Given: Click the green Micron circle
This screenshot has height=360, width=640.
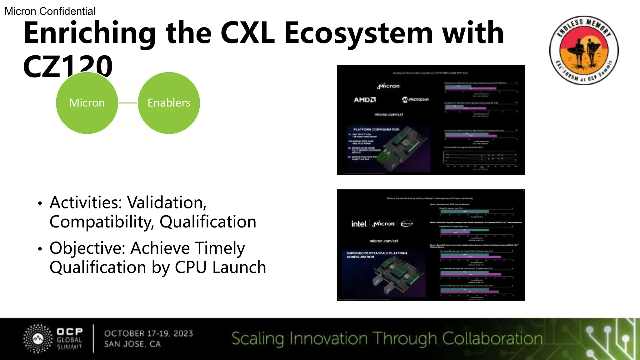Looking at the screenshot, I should coord(87,103).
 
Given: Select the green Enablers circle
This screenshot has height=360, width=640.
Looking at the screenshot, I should coord(169,103).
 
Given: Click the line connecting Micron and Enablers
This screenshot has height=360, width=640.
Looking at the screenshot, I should coord(128,103).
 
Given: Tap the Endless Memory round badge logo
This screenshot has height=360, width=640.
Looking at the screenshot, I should coord(584,50).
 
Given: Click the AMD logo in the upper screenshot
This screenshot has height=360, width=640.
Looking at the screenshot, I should coord(365,100).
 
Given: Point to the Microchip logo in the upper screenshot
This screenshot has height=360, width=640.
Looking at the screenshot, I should coord(415,100).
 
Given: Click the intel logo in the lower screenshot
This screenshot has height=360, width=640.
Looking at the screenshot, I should coord(358,224).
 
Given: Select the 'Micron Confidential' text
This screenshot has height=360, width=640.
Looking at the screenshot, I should coord(50,11).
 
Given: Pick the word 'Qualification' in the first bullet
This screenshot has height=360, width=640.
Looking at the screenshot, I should coord(208,222).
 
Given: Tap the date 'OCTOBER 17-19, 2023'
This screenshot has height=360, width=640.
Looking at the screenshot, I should coord(149,333).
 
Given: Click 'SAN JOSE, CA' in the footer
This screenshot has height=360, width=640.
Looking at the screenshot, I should coord(132,344).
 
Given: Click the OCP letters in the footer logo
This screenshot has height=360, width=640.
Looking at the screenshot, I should coord(70,331).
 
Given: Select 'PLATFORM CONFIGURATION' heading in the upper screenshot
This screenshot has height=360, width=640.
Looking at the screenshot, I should coord(376,129).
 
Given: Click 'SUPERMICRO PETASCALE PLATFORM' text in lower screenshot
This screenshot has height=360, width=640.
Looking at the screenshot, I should coord(377,253).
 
